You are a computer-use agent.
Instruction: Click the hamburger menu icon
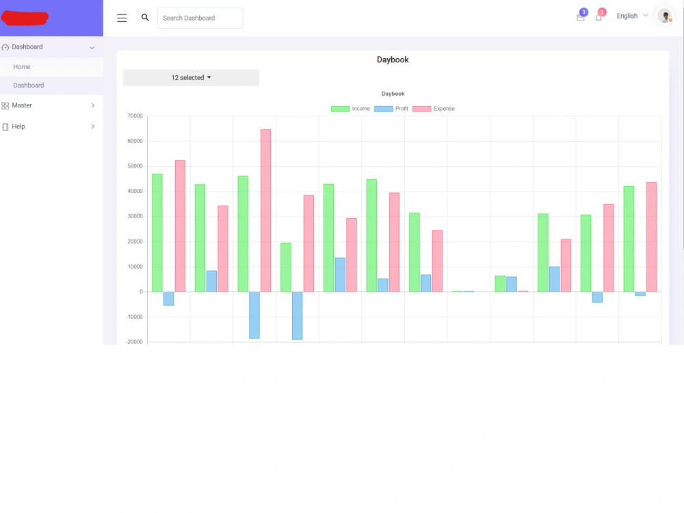point(122,18)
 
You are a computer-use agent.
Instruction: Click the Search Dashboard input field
point(200,18)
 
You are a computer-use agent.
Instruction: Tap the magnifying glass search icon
point(145,18)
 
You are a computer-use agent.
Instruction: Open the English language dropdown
point(632,16)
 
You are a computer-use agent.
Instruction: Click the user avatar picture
point(665,16)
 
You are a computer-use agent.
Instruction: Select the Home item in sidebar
point(22,67)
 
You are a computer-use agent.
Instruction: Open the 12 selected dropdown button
point(191,78)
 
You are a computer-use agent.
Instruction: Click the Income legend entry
point(350,109)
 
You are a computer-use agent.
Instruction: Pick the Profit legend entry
point(391,109)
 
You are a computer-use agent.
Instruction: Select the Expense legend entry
point(434,109)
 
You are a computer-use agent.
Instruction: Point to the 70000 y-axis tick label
point(135,116)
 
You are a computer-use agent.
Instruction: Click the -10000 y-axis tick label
point(134,317)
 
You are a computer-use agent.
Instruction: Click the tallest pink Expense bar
point(265,211)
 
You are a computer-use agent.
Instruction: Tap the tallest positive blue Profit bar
point(340,275)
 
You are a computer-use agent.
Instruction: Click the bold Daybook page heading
point(393,60)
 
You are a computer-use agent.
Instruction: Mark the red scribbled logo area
point(25,18)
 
